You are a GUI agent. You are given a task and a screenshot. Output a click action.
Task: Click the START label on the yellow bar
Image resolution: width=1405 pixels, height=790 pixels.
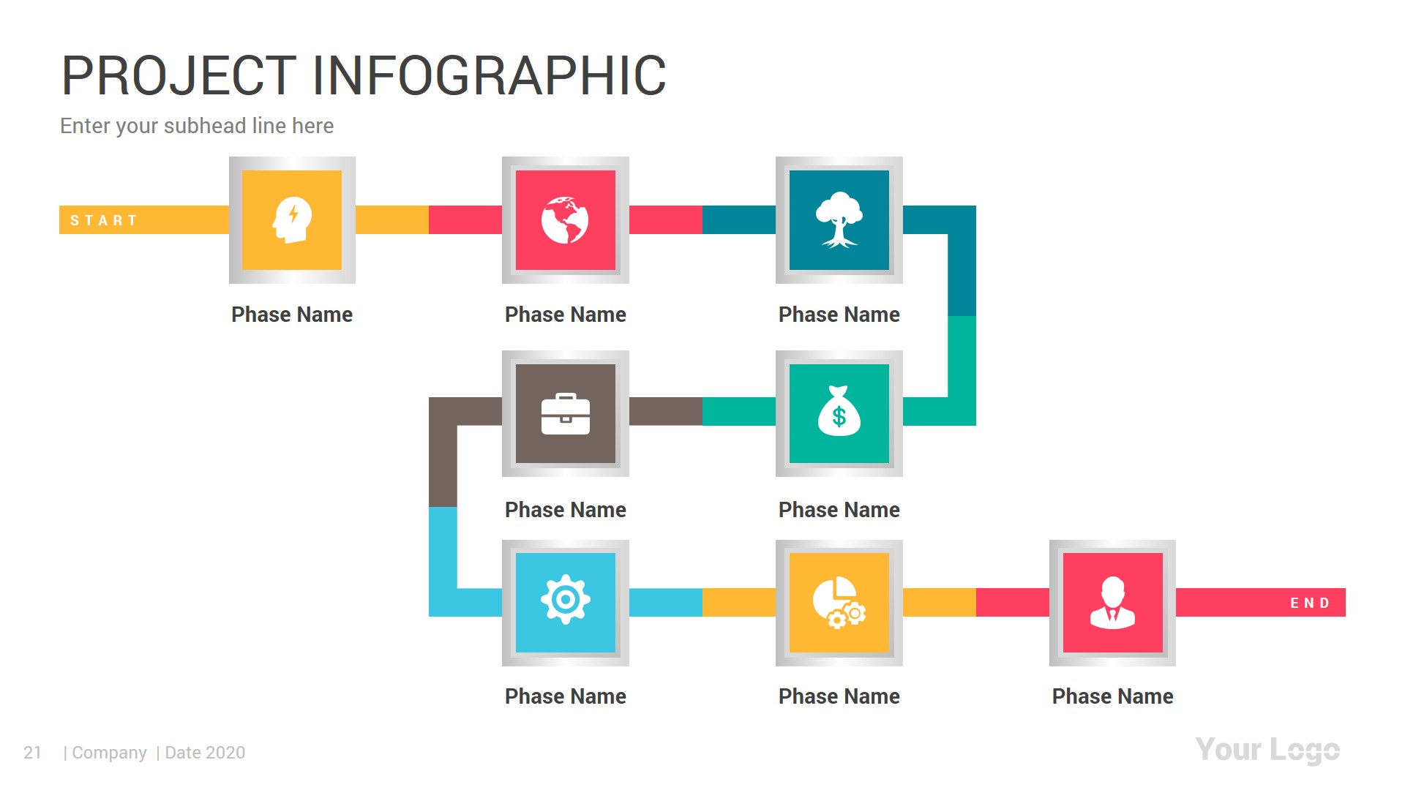103,220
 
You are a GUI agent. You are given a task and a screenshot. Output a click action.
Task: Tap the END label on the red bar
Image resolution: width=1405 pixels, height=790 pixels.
1309,603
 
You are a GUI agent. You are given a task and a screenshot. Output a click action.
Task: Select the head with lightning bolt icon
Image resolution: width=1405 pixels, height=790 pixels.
292,220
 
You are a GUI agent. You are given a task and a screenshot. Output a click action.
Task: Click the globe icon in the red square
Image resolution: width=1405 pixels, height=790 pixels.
565,220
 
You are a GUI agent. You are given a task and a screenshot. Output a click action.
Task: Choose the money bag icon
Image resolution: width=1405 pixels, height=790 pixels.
839,413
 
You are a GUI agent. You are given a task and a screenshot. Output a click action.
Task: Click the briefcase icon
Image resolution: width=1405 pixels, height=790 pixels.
565,414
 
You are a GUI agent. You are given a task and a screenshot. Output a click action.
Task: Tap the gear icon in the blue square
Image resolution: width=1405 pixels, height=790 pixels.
565,601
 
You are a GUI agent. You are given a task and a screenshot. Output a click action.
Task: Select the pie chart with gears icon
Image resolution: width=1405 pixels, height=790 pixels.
839,603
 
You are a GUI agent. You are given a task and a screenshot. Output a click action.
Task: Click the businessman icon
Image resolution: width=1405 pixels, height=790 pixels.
1112,603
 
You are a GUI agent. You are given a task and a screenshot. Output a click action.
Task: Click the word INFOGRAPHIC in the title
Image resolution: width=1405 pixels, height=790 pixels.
489,75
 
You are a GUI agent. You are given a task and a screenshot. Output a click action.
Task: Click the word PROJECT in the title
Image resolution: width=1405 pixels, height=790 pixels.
179,75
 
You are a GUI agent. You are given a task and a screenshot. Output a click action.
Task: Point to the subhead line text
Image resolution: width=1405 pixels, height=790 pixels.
197,126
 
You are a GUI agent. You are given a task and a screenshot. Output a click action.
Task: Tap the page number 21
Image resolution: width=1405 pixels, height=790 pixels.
33,753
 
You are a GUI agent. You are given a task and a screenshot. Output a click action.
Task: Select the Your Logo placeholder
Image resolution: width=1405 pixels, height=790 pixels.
1267,750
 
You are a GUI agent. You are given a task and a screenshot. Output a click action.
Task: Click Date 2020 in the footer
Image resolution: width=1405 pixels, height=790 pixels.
205,753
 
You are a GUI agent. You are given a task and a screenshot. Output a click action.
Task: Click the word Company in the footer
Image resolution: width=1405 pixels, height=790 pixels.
109,753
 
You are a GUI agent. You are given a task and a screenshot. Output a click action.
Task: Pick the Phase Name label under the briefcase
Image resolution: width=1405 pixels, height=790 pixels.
565,510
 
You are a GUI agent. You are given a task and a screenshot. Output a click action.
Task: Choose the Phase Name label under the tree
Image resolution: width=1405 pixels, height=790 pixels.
839,315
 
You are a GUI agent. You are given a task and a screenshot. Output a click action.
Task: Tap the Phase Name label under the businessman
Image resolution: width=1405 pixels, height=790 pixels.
1112,696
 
